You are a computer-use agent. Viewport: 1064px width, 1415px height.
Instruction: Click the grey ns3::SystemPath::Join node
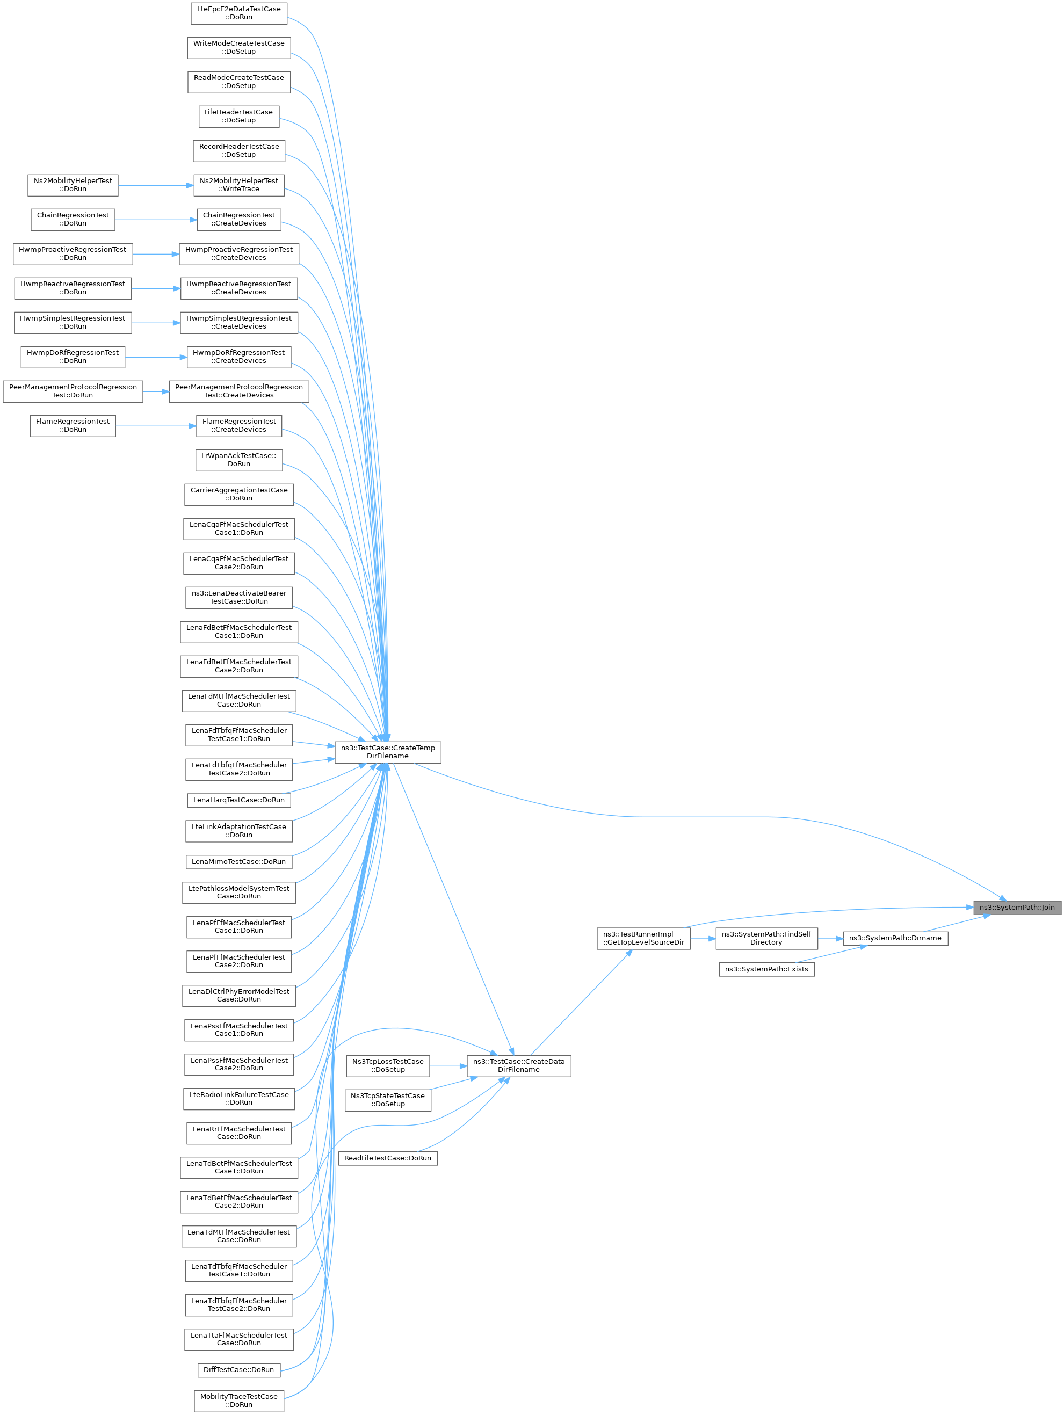coord(1017,907)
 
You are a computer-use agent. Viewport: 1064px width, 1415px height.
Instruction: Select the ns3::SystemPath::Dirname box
coord(895,938)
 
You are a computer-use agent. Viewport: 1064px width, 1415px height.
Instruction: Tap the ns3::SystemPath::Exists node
coord(766,969)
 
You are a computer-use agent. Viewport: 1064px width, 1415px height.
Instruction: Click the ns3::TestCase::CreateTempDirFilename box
coord(388,752)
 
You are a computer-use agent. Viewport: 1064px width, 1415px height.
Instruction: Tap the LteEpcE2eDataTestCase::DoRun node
coord(238,13)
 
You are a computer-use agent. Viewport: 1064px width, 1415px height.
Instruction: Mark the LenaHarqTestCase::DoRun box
coord(238,800)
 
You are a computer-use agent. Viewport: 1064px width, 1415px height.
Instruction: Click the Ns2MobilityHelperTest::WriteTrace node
coord(238,185)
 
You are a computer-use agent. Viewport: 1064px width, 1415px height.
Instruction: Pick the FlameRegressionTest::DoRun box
coord(73,425)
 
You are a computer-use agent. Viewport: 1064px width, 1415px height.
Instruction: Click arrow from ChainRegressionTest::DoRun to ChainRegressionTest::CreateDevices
coord(155,220)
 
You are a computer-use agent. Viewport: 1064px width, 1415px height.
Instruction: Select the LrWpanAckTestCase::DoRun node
coord(238,460)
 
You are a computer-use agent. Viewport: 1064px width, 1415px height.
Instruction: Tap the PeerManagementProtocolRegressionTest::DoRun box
coord(73,391)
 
